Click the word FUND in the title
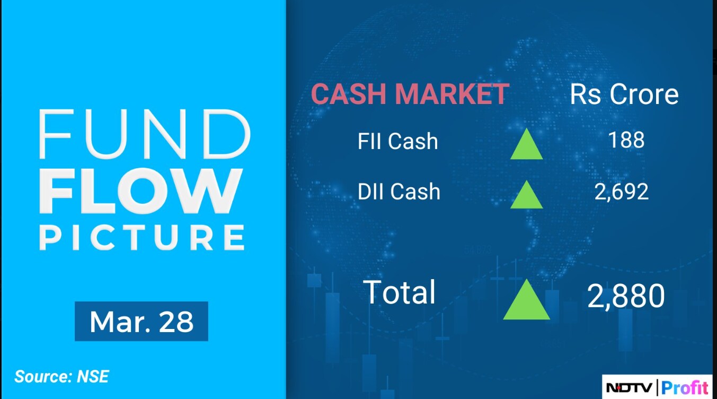pyautogui.click(x=145, y=134)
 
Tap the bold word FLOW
pyautogui.click(x=140, y=190)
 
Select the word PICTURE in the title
pyautogui.click(x=142, y=237)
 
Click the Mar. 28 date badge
pyautogui.click(x=141, y=321)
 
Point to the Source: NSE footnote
pyautogui.click(x=62, y=376)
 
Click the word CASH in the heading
pyautogui.click(x=349, y=94)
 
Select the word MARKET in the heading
pyautogui.click(x=452, y=94)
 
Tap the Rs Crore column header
pyautogui.click(x=624, y=94)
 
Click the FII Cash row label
pyautogui.click(x=397, y=141)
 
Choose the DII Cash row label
pyautogui.click(x=399, y=192)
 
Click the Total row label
pyautogui.click(x=399, y=292)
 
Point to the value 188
pyautogui.click(x=626, y=140)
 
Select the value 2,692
pyautogui.click(x=622, y=192)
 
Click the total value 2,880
pyautogui.click(x=626, y=296)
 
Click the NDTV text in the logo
pyautogui.click(x=629, y=388)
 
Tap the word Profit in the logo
pyautogui.click(x=684, y=388)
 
